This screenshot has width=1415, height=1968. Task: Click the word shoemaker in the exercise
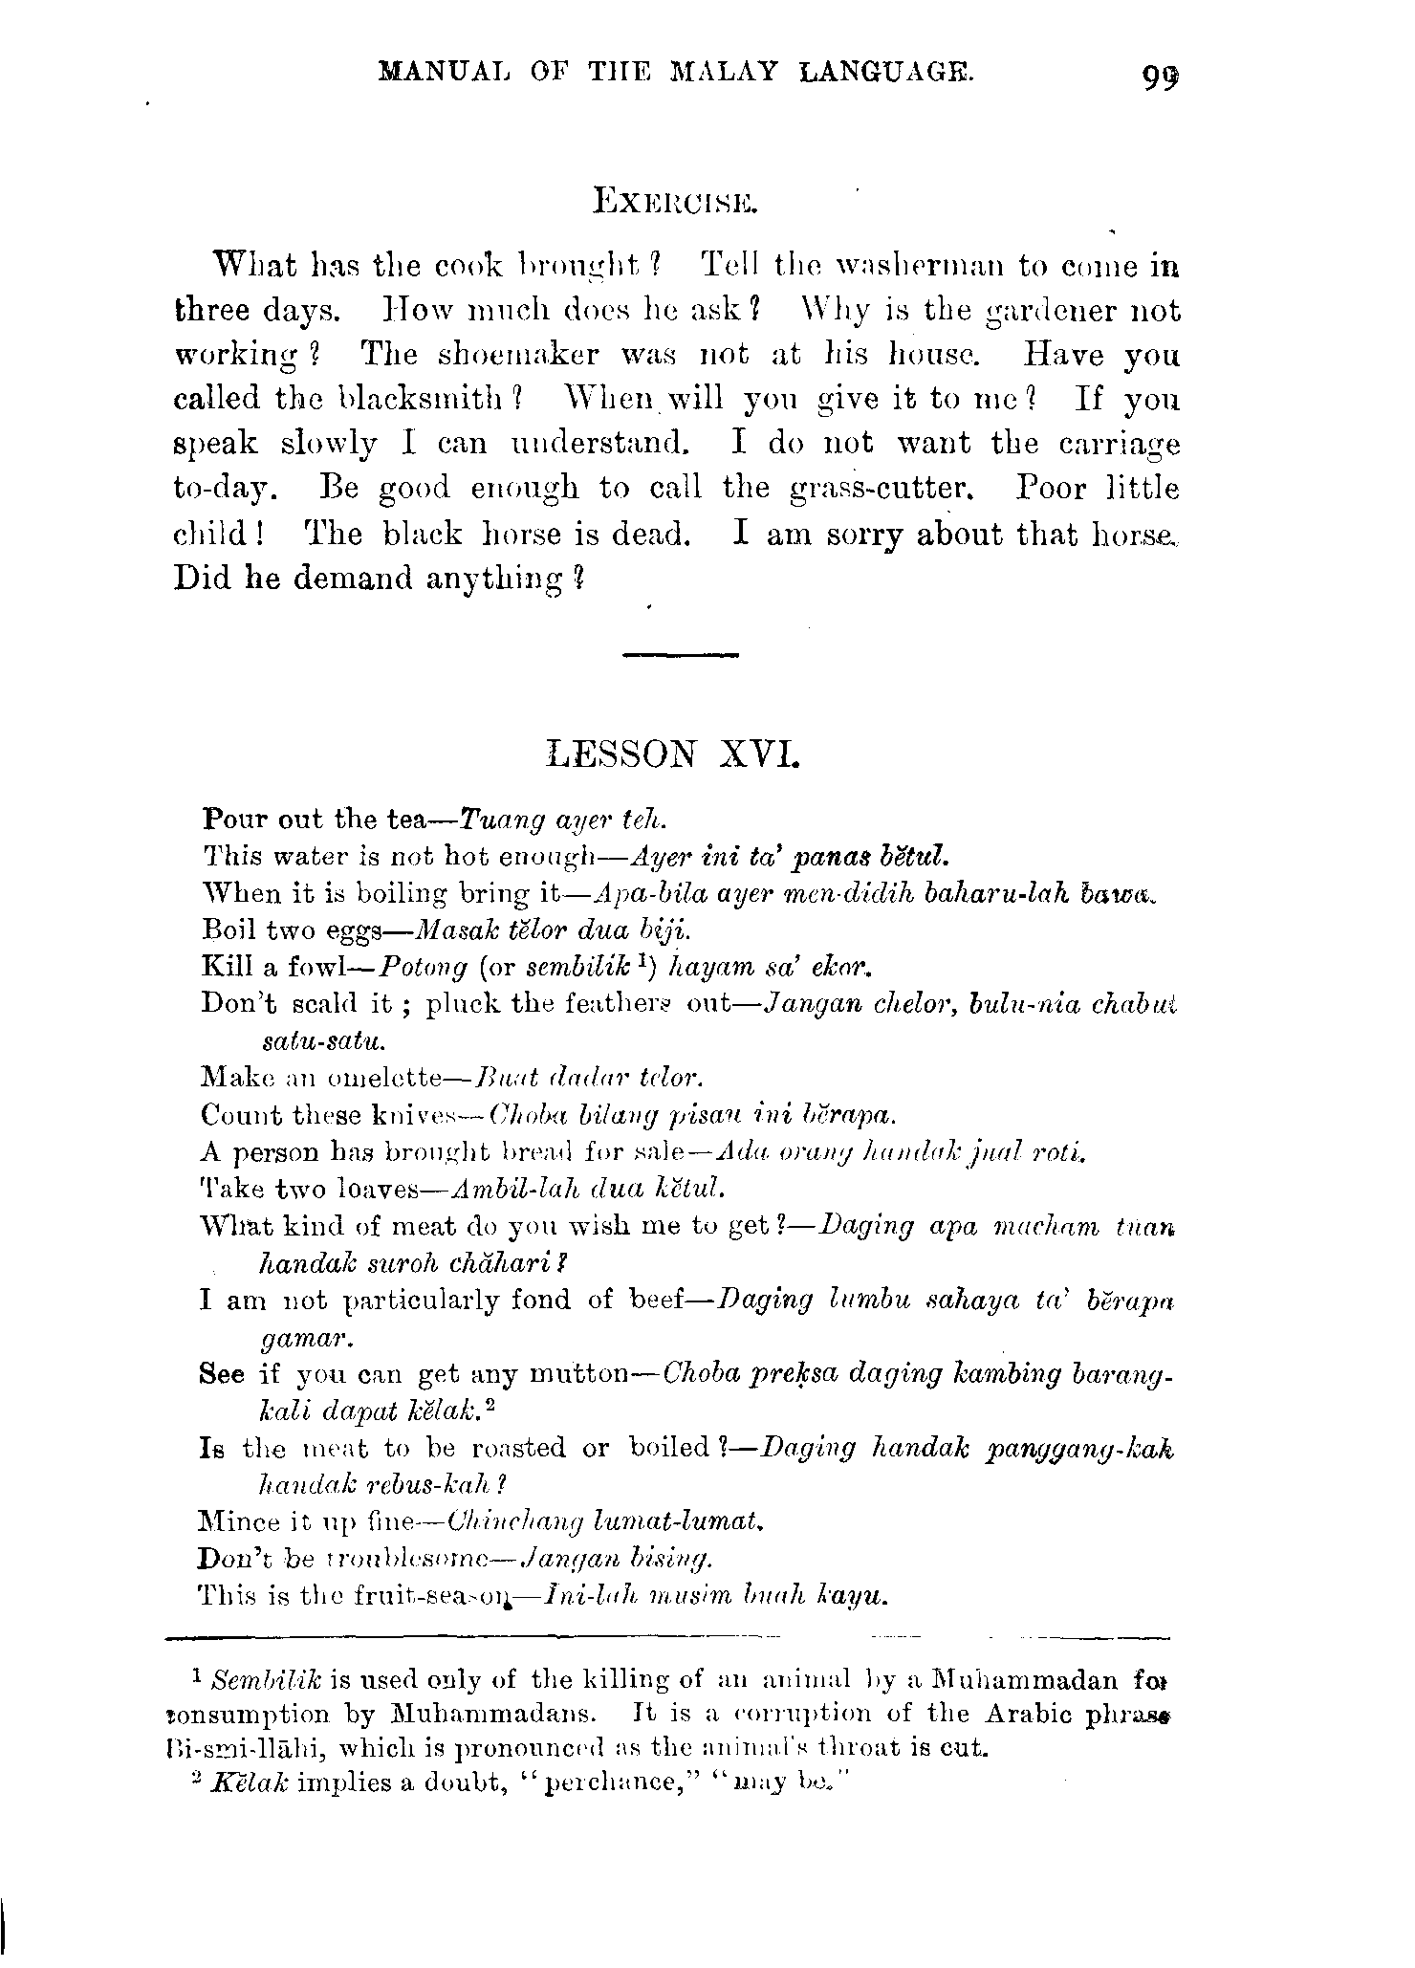click(518, 355)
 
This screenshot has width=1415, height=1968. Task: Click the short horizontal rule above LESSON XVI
click(680, 654)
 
